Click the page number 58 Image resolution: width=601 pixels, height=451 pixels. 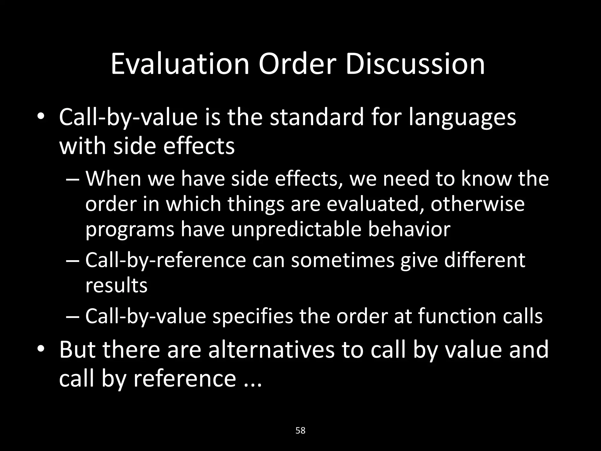300,431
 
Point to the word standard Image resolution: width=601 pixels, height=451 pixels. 317,117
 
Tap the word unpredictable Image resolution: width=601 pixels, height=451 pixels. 296,230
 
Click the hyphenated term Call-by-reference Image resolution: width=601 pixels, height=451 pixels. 166,261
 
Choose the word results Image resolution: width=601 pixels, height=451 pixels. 116,285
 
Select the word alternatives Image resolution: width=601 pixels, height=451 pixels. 271,350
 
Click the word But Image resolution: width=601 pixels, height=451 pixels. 77,350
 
